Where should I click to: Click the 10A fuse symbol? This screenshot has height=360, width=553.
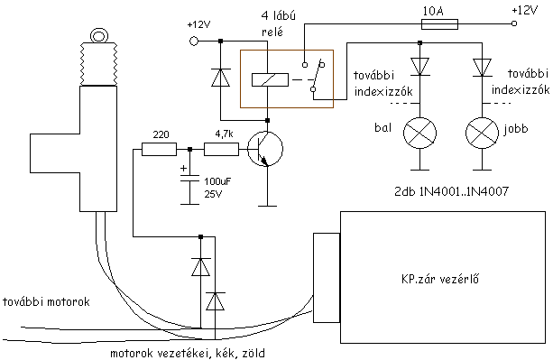tap(440, 24)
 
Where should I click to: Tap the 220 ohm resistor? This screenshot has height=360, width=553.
tap(159, 149)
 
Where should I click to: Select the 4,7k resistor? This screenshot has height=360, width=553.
tap(221, 149)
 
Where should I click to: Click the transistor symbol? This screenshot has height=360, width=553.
tap(265, 149)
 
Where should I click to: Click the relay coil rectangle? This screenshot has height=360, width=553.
tap(270, 79)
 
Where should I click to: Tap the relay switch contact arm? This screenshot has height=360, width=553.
tap(317, 77)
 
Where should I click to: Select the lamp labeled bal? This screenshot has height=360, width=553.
tap(419, 134)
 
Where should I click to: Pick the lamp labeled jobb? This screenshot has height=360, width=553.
tap(482, 134)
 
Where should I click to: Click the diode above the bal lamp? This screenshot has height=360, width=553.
tap(419, 67)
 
